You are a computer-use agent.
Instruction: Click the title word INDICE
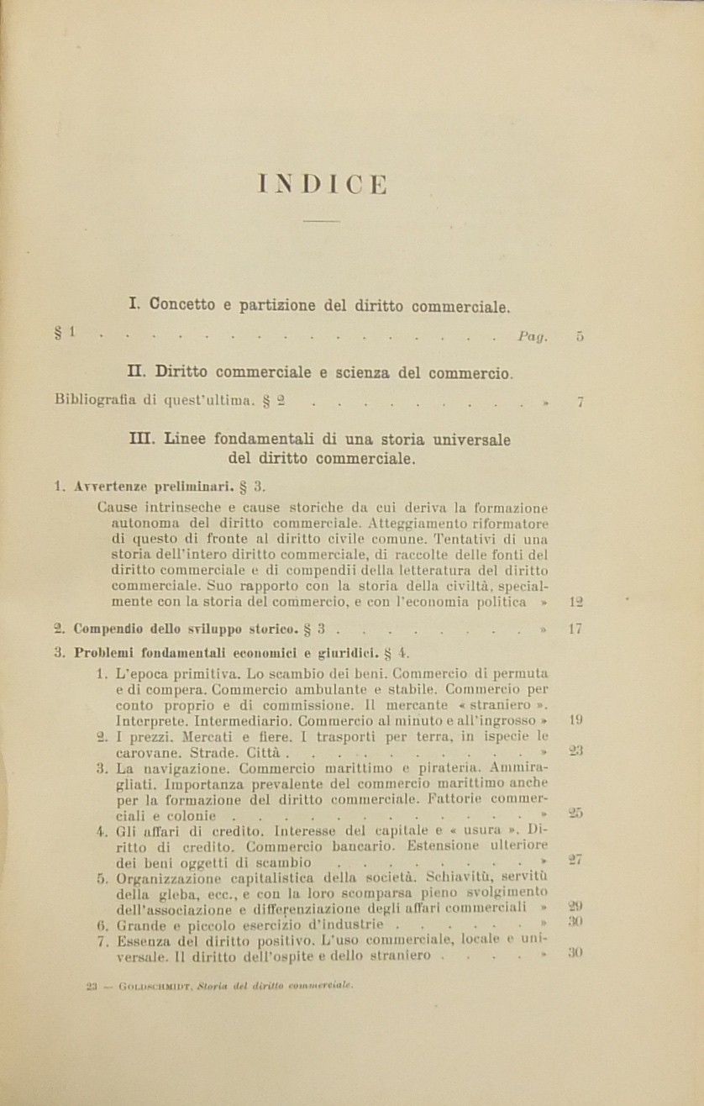[323, 185]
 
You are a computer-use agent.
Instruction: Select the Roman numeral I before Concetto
[134, 305]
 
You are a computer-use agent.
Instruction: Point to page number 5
[581, 337]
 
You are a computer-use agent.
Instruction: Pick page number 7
[581, 402]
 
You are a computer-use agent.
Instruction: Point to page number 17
[575, 628]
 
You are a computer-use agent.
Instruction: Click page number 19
[576, 719]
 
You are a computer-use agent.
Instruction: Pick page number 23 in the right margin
[576, 750]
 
